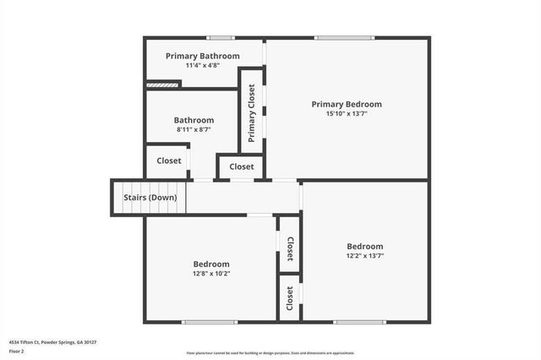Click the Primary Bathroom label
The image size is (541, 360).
click(x=202, y=56)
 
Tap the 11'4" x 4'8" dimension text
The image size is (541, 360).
click(x=202, y=66)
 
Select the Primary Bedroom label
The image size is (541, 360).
click(x=347, y=104)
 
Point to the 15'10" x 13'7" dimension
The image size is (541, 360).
click(x=347, y=114)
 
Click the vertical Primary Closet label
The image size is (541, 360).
click(x=252, y=113)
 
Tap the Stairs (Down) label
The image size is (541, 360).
click(x=150, y=198)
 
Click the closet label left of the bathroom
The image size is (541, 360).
click(x=169, y=161)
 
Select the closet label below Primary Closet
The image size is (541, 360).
click(x=242, y=166)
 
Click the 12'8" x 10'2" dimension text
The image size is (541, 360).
click(x=210, y=274)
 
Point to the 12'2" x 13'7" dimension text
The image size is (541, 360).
click(x=365, y=255)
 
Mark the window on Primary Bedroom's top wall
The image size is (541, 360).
click(x=344, y=37)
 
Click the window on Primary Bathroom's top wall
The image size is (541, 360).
click(x=221, y=37)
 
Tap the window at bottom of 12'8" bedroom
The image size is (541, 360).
click(x=210, y=321)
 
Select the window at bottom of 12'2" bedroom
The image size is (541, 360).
click(x=359, y=321)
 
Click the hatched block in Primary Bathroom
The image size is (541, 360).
click(x=163, y=84)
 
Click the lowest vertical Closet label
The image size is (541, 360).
click(x=290, y=297)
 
